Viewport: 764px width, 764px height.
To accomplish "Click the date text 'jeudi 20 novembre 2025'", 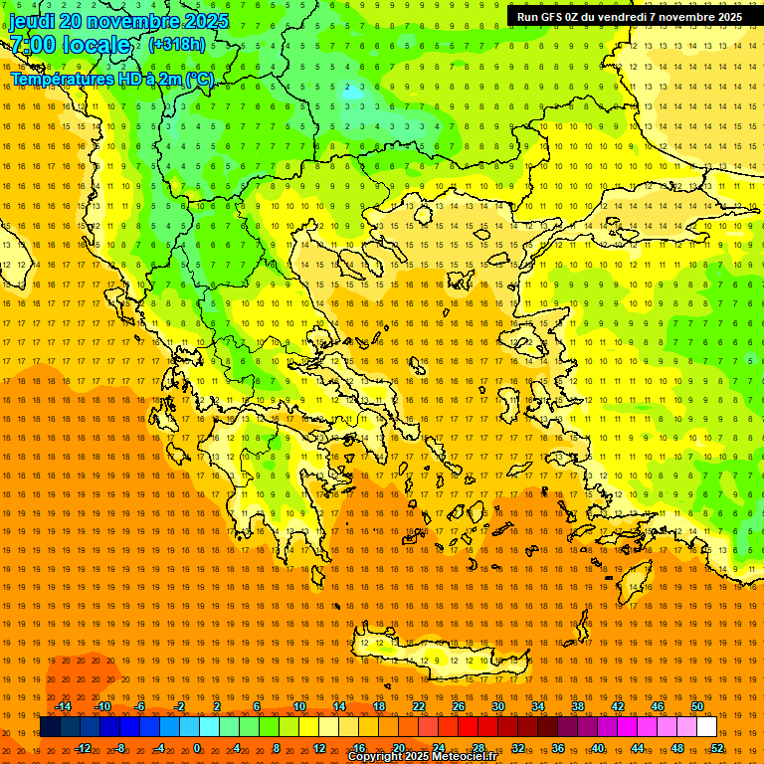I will click(119, 21).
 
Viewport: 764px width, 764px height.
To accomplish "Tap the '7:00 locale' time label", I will click(70, 45).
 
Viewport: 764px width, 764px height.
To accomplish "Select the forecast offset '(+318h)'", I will click(177, 45).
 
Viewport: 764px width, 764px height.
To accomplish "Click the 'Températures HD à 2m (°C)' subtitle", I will click(111, 79).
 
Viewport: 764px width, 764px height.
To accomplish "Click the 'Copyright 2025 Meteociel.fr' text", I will click(422, 757).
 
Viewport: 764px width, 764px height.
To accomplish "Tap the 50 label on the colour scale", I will click(697, 706).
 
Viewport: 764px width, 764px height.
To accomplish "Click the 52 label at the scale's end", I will click(717, 748).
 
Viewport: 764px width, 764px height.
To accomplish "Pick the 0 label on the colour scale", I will click(197, 748).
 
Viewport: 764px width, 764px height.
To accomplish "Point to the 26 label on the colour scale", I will click(459, 706).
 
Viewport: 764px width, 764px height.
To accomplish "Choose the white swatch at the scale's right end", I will click(706, 727).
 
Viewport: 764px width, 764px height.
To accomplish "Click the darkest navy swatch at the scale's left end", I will click(50, 727).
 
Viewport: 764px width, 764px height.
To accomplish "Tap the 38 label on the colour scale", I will click(578, 706).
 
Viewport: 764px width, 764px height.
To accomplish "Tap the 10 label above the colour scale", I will click(299, 706).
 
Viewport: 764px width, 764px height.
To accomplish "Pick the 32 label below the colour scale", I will click(518, 748).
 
